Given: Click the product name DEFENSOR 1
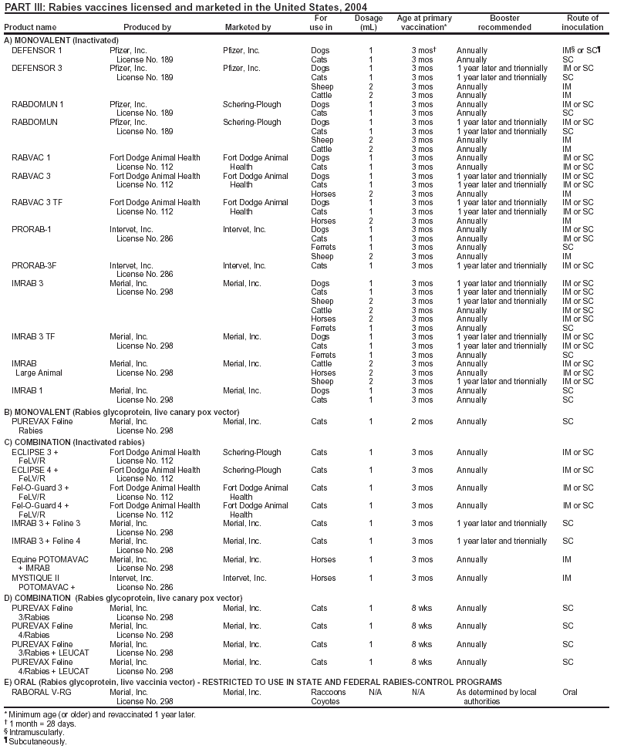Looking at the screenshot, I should coord(37,49).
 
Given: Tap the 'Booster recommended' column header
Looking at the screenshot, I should coord(504,22).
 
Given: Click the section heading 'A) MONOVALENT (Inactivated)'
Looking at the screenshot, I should coord(61,39).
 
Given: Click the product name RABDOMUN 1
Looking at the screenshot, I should coord(38,103).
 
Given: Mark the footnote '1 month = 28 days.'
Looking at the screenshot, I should coord(42,723).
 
